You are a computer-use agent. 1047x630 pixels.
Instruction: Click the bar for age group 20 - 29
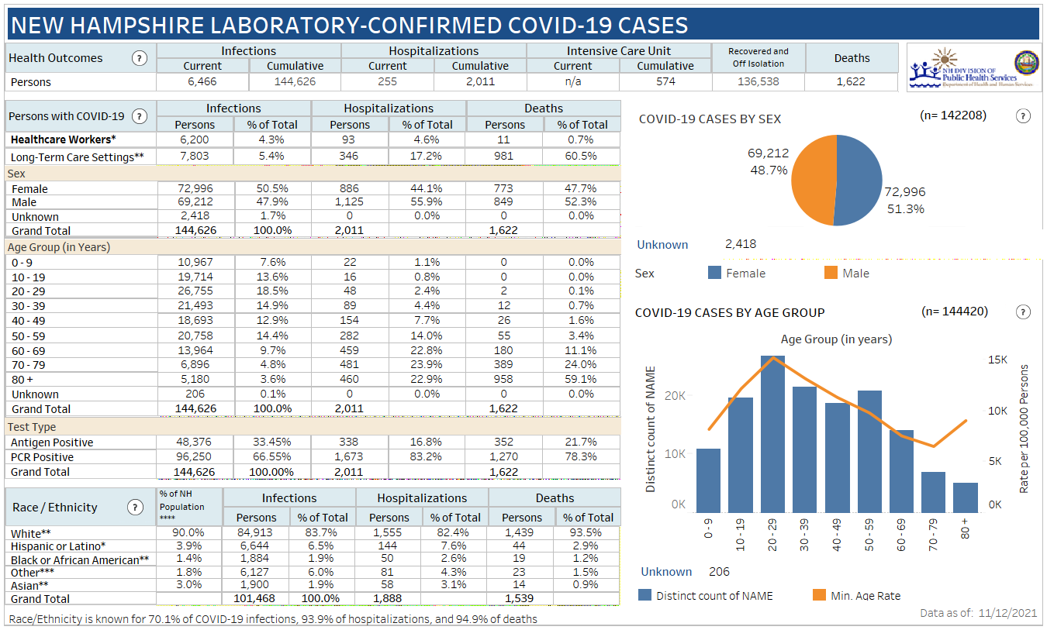[772, 434]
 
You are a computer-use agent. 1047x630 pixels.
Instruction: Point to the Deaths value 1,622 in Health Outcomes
[851, 81]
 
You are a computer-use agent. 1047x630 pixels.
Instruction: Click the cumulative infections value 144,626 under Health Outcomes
[295, 81]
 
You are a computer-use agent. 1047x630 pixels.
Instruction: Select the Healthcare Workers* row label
[64, 139]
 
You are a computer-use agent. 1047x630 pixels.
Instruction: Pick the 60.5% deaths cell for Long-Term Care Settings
[582, 157]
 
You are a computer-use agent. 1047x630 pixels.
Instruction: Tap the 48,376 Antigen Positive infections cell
[195, 442]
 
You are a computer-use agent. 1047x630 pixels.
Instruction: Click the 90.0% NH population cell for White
[189, 533]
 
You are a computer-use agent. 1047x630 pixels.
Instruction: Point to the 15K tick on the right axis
[997, 360]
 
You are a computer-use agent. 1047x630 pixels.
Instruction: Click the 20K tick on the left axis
[676, 396]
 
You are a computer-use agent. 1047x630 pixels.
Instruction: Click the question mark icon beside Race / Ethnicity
[135, 508]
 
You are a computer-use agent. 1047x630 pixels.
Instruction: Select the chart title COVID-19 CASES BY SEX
[710, 119]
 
